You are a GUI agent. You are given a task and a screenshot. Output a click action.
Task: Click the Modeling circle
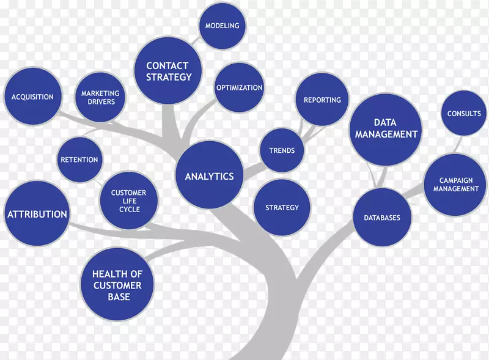click(222, 26)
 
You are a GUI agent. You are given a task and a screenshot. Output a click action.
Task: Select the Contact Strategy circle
click(168, 71)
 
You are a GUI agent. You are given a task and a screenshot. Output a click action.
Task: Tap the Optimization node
click(239, 87)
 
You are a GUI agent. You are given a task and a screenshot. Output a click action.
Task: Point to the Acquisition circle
click(32, 97)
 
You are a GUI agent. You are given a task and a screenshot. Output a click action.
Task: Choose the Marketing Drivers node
click(100, 97)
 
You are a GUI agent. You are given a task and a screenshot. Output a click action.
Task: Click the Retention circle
click(79, 160)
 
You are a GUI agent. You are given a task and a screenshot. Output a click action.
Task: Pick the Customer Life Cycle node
click(129, 200)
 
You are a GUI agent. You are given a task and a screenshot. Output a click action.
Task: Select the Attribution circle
click(37, 214)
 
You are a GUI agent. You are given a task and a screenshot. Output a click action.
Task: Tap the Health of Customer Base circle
click(117, 285)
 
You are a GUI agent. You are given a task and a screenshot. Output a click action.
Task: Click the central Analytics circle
click(209, 176)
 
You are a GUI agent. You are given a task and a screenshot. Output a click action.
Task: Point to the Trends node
click(281, 150)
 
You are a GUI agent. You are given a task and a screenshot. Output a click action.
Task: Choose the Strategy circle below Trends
click(282, 208)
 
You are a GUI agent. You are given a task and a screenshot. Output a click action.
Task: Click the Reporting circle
click(322, 100)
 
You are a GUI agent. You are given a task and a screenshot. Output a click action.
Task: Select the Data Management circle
click(386, 128)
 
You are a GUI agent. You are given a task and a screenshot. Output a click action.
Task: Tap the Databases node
click(382, 218)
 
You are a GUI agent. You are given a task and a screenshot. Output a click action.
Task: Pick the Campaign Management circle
click(455, 185)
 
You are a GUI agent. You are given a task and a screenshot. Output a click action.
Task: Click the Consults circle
click(464, 114)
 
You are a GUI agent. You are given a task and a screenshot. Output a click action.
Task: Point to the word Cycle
click(129, 209)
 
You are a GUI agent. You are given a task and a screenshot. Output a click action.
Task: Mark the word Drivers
click(101, 101)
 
